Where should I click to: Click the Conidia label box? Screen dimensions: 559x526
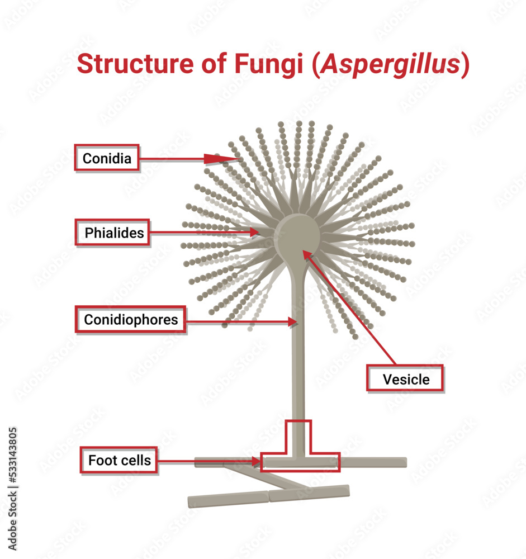[107, 158]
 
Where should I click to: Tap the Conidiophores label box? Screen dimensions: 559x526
[130, 320]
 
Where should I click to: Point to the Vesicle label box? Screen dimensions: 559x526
[406, 379]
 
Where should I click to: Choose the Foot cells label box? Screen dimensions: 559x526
[119, 460]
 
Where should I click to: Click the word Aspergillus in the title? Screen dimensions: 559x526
[390, 65]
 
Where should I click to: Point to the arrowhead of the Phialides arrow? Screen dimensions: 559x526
[254, 231]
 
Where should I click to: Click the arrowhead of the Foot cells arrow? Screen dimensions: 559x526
[257, 462]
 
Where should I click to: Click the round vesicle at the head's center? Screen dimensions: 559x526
[298, 235]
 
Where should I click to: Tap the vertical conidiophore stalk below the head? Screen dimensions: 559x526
[298, 363]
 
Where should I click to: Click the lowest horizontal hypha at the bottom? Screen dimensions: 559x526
[268, 496]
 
